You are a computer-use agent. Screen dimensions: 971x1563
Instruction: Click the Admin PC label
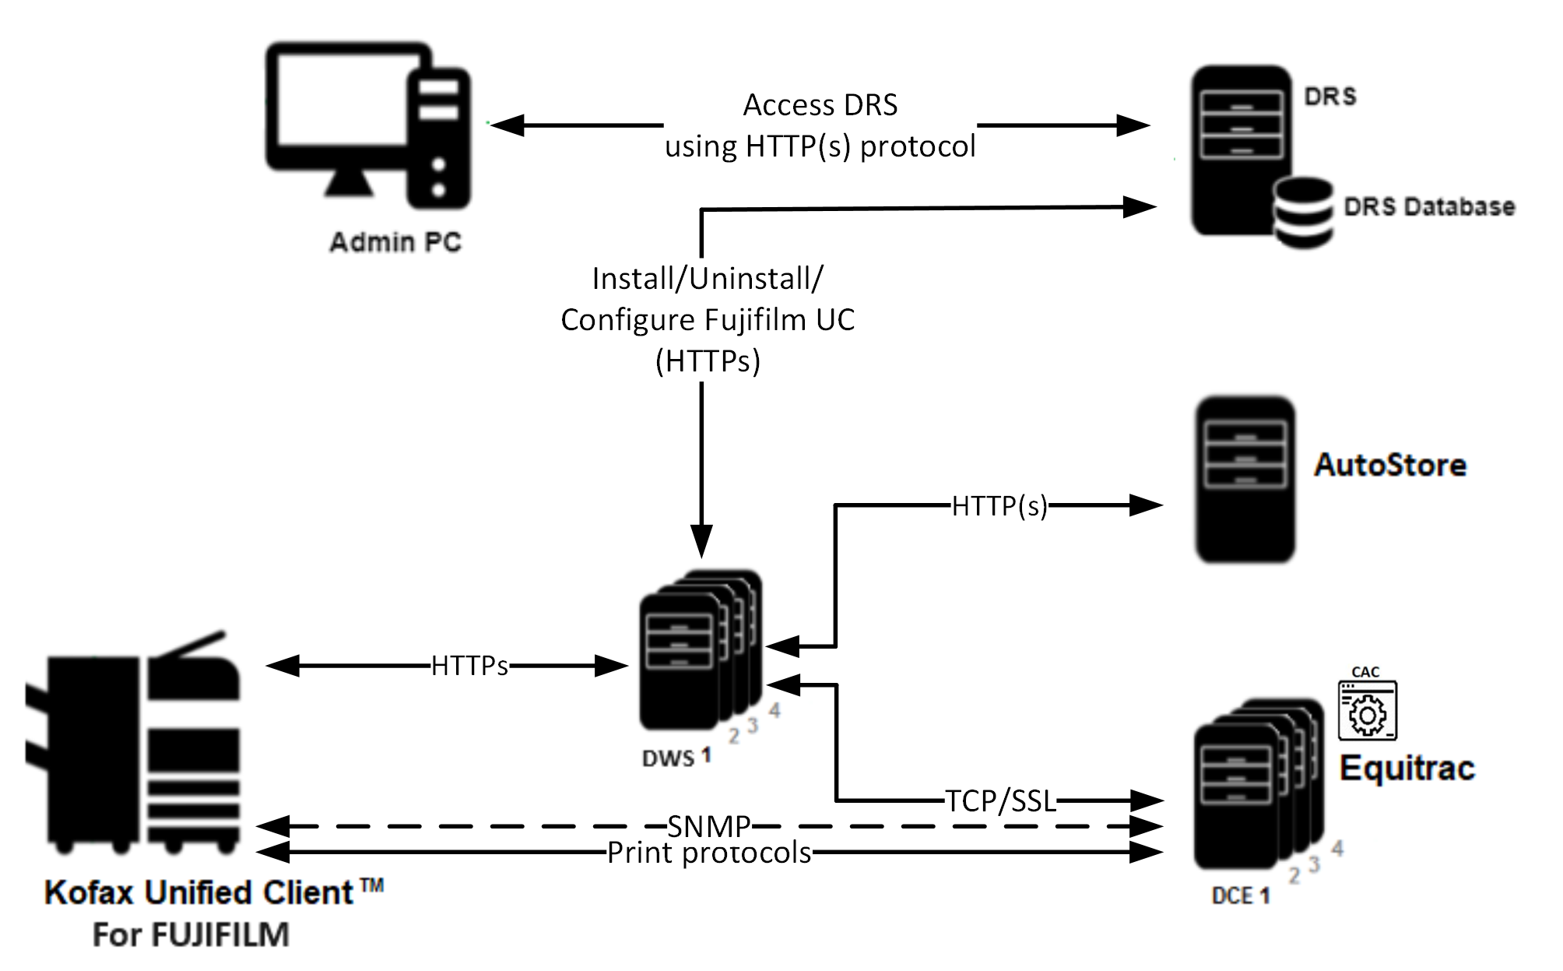click(x=395, y=242)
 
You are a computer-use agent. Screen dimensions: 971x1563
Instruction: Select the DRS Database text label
click(x=1429, y=207)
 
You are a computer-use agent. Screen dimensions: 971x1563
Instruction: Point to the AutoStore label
click(x=1390, y=465)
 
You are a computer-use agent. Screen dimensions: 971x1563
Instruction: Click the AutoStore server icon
click(x=1245, y=479)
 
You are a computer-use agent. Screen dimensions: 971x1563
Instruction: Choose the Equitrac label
click(x=1407, y=769)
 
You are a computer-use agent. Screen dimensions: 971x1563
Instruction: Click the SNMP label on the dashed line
click(x=708, y=826)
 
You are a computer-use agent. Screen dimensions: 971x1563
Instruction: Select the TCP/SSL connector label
click(x=1000, y=800)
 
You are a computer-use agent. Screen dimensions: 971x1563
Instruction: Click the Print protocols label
click(x=709, y=853)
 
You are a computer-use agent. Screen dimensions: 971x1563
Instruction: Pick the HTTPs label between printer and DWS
click(x=469, y=666)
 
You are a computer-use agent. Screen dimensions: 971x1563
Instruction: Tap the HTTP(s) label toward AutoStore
click(x=999, y=506)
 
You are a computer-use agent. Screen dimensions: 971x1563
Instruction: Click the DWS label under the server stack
click(x=668, y=758)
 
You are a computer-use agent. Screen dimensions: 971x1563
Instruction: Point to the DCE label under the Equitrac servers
click(x=1231, y=896)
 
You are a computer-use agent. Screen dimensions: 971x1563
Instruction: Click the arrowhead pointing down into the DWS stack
click(x=701, y=541)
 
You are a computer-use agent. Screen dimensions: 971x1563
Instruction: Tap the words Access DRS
click(x=820, y=105)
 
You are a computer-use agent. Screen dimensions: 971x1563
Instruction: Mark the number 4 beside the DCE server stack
click(x=1337, y=848)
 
